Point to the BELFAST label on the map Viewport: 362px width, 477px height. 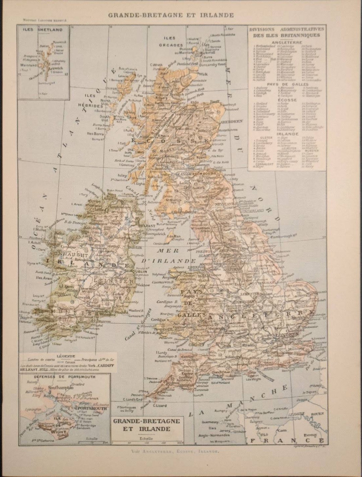click(146, 226)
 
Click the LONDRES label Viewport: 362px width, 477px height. click(286, 335)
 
